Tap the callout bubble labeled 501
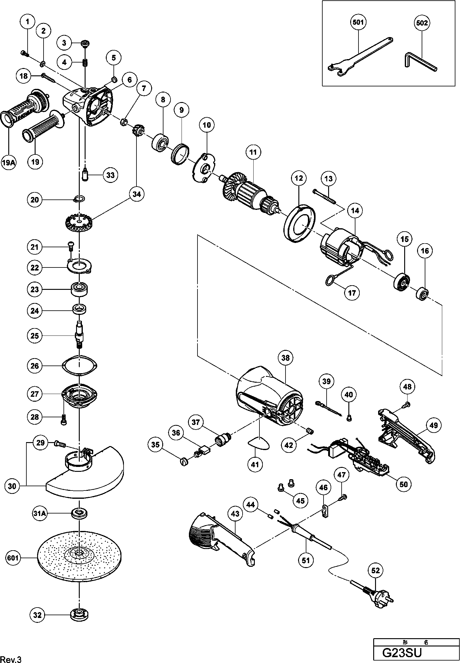coord(358,22)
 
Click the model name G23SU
coord(401,653)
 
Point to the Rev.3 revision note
coord(11,657)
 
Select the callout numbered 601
coord(13,558)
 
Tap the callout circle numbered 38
coord(286,358)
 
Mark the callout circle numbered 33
coord(110,175)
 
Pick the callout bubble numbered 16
coord(425,251)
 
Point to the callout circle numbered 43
coord(235,514)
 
